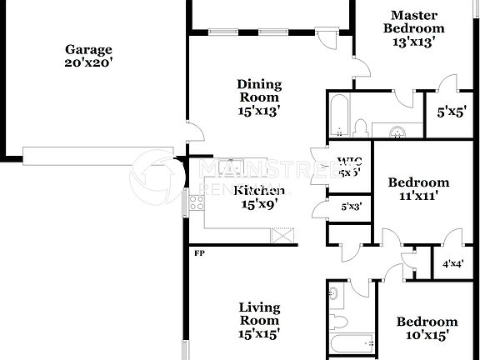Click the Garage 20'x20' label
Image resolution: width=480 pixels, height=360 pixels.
pyautogui.click(x=88, y=56)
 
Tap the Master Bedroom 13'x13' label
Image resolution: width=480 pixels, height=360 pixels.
pyautogui.click(x=409, y=27)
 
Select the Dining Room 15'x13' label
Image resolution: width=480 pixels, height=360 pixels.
pyautogui.click(x=259, y=96)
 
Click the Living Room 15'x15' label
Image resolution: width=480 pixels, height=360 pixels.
pyautogui.click(x=259, y=320)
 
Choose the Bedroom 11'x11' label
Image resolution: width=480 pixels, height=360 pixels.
pyautogui.click(x=418, y=189)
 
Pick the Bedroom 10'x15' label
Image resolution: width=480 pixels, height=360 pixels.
pyautogui.click(x=427, y=328)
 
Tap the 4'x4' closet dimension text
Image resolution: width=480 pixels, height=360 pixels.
pyautogui.click(x=452, y=264)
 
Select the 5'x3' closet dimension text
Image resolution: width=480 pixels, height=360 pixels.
pyautogui.click(x=351, y=207)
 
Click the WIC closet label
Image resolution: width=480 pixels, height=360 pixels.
pyautogui.click(x=349, y=167)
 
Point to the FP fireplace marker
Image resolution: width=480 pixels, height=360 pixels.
pyautogui.click(x=199, y=252)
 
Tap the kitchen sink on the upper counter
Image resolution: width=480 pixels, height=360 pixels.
pyautogui.click(x=235, y=164)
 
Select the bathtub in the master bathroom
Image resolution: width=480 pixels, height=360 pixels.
pyautogui.click(x=338, y=116)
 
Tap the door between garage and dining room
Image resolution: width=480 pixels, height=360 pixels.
pyautogui.click(x=193, y=132)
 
